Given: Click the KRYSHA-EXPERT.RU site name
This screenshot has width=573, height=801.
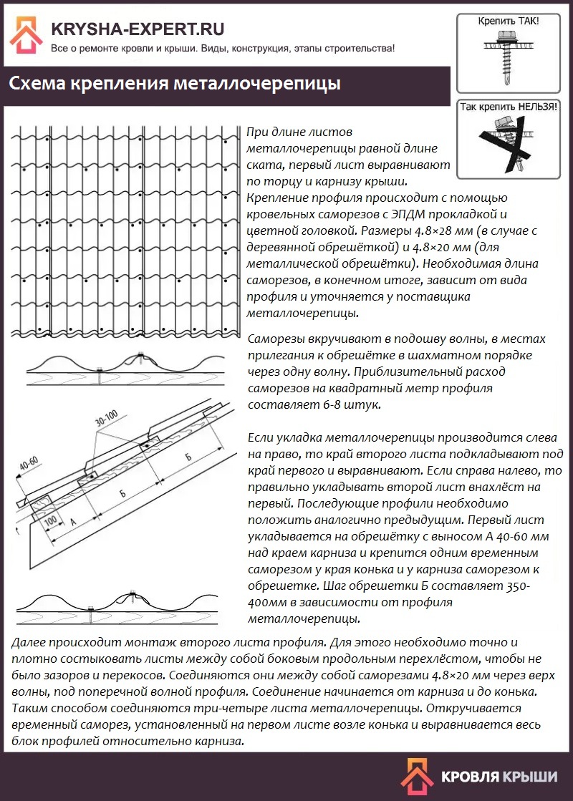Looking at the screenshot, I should (138, 29).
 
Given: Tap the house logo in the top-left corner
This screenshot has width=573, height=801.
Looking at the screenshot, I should (26, 35).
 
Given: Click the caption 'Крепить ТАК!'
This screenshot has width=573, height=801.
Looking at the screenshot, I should (509, 22).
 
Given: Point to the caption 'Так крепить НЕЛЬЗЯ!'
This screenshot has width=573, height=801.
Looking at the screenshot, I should (509, 107).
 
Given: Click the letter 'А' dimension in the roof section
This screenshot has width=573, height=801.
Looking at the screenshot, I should (74, 520).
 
